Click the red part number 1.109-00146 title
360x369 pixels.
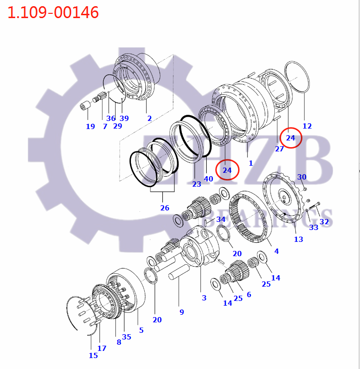[x=53, y=12]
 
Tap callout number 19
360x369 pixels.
[x=90, y=126]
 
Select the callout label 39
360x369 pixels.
[x=124, y=118]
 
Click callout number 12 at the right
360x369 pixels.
[x=307, y=126]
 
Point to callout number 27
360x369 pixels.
[x=279, y=149]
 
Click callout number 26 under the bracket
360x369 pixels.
[x=165, y=208]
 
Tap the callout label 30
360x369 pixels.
[x=302, y=177]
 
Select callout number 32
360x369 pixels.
[x=324, y=221]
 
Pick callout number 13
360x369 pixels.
[x=298, y=239]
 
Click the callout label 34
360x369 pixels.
[x=220, y=219]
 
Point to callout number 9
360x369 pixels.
[x=181, y=312]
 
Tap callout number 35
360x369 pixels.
[x=126, y=337]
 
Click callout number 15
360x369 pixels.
[x=93, y=355]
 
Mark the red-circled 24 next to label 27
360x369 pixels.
[x=290, y=138]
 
